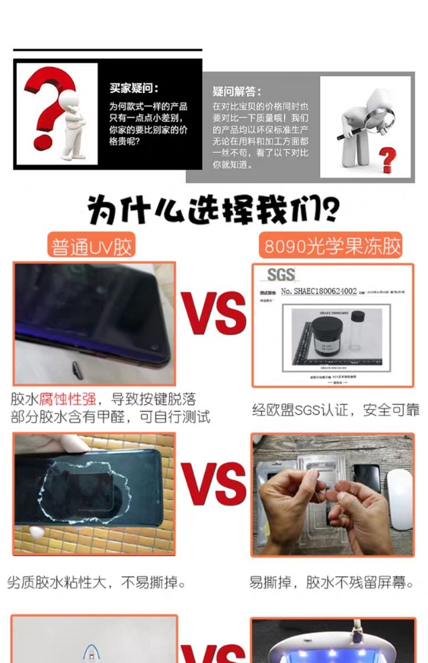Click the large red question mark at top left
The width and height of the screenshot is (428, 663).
tap(45, 107)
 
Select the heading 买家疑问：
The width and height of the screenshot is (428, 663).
tap(134, 88)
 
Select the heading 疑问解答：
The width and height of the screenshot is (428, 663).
tap(237, 92)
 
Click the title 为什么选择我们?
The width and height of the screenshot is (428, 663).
tap(213, 210)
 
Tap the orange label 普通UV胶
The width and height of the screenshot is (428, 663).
tap(92, 246)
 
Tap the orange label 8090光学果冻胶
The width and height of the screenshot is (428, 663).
tap(332, 246)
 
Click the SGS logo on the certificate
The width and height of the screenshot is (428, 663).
tap(280, 274)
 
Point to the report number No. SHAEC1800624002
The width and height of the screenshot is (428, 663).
tap(318, 291)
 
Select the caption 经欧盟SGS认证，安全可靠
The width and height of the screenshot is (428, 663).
tap(336, 409)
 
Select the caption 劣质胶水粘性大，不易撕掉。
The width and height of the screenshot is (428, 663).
tap(97, 583)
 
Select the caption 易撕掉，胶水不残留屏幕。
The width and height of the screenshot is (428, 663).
tap(331, 583)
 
